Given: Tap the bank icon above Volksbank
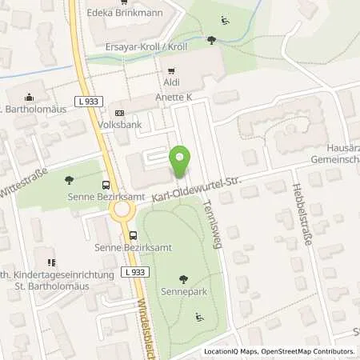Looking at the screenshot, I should click(x=120, y=113).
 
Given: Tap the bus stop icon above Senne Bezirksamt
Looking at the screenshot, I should click(x=133, y=235).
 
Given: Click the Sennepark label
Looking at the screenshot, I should click(x=184, y=293).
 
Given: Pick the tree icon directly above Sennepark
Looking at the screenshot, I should click(x=184, y=279).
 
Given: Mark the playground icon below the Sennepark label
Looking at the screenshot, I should click(x=199, y=318).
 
